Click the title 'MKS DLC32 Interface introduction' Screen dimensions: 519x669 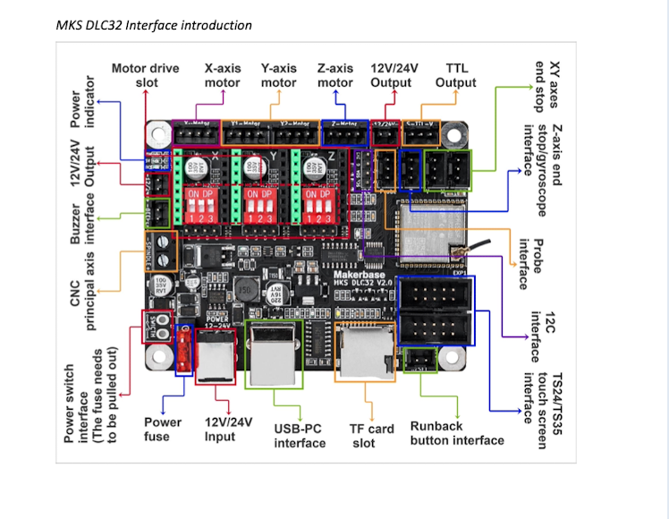click(154, 25)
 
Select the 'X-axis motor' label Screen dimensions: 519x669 click(222, 75)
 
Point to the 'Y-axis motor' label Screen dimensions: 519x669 click(278, 75)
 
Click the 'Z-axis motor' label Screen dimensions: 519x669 click(334, 75)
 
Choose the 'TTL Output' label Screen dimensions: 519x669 click(455, 75)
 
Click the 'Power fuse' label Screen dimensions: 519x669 click(163, 429)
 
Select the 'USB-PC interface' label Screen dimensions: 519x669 click(300, 435)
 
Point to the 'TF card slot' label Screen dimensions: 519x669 click(371, 435)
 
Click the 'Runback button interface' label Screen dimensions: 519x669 click(456, 433)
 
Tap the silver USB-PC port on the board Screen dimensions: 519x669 click(274, 354)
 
